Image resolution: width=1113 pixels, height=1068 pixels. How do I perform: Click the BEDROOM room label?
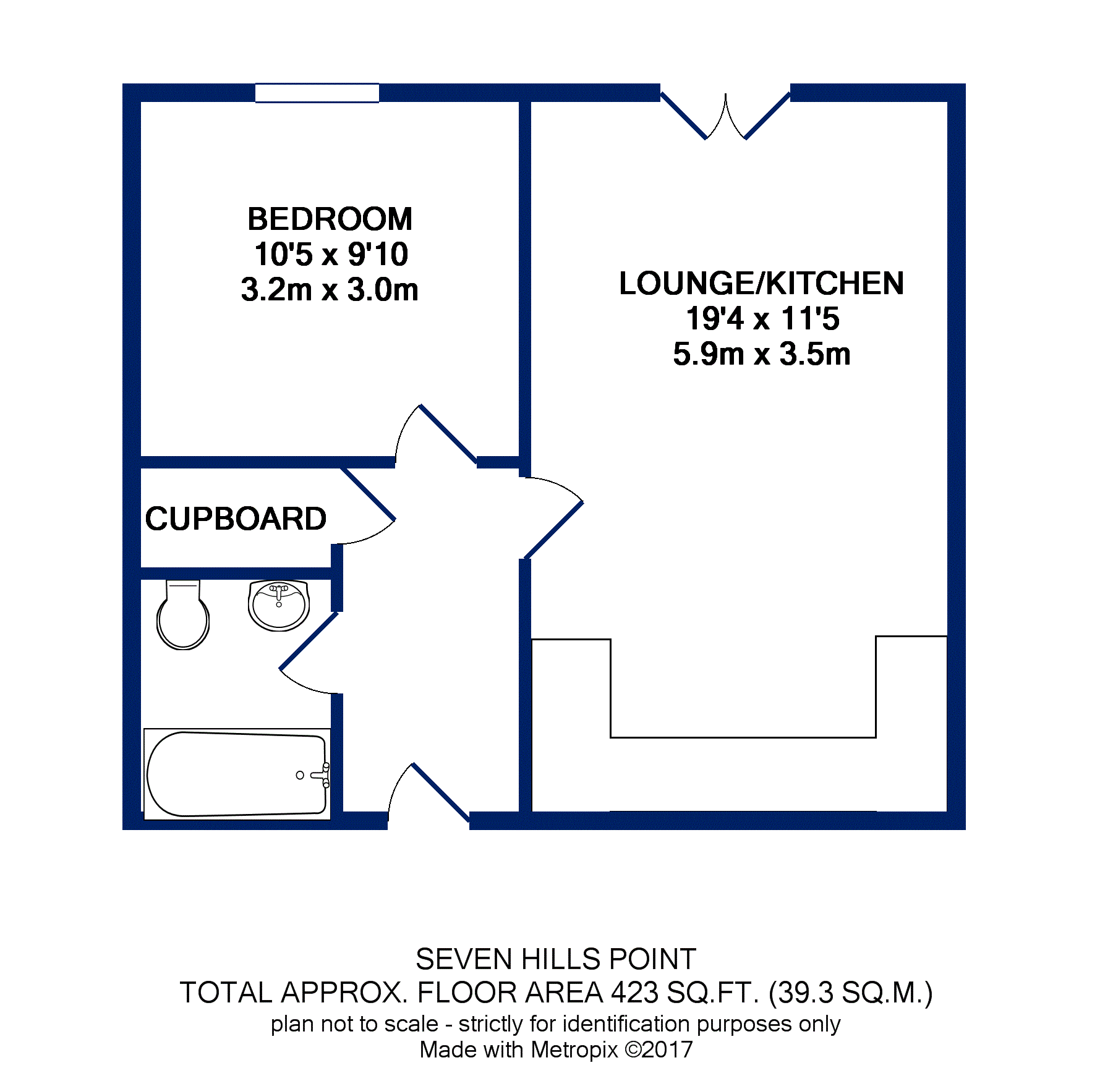[x=330, y=219]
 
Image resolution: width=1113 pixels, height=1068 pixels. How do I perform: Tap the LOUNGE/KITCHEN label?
[x=761, y=284]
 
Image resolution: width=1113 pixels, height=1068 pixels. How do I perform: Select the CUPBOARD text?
[x=236, y=519]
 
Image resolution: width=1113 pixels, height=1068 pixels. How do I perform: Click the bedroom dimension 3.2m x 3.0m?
[x=330, y=290]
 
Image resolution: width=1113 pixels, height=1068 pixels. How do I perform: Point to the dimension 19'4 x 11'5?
[x=762, y=319]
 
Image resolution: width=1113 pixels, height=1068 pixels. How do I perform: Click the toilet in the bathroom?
[x=182, y=616]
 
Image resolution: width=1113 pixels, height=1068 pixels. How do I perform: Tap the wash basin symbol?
[x=278, y=605]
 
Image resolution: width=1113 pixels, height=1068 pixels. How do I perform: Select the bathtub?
[x=237, y=774]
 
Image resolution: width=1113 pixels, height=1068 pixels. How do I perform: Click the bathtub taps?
[x=322, y=775]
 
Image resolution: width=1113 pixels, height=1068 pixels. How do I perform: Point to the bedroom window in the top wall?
[x=317, y=93]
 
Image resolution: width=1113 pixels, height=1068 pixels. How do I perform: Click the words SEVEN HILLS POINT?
[x=555, y=959]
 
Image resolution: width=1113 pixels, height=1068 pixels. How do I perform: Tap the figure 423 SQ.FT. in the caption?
[x=684, y=993]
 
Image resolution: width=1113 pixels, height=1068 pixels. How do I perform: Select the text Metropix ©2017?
[x=612, y=1049]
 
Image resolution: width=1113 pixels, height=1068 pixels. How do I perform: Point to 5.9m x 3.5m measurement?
[x=761, y=354]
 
